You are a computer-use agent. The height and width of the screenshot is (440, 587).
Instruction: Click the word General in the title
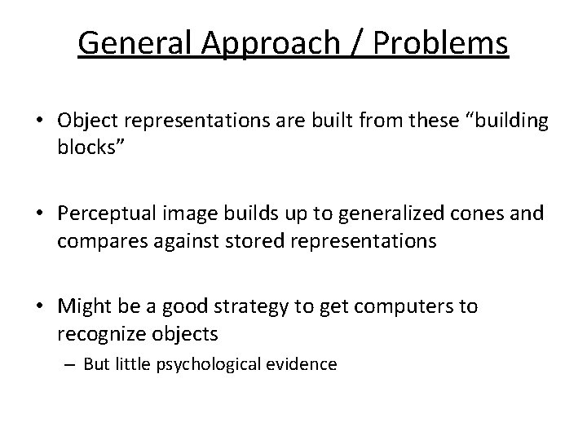click(133, 43)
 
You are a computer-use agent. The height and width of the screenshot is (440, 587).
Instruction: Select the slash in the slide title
click(358, 43)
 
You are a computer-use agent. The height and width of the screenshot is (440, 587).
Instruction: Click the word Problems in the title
click(440, 43)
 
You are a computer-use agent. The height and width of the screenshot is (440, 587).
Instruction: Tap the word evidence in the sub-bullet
click(306, 363)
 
